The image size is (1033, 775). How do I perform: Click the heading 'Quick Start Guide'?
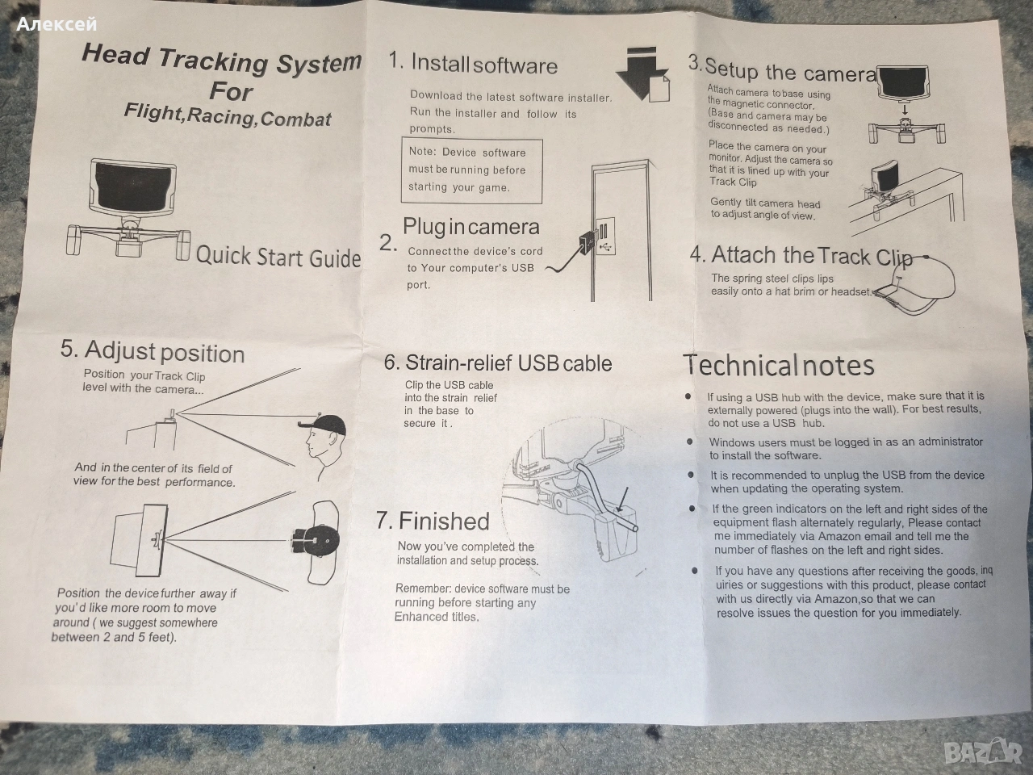[278, 257]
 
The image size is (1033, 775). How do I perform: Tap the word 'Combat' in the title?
[295, 119]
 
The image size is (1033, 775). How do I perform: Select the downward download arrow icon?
[642, 73]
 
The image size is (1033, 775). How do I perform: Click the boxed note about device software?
[471, 171]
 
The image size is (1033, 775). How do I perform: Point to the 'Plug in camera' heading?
[471, 228]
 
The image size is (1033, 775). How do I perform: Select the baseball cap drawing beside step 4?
[916, 286]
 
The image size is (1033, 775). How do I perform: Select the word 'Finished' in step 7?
[444, 522]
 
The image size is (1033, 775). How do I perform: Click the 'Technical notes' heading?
[779, 366]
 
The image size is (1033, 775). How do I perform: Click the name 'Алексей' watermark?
[56, 24]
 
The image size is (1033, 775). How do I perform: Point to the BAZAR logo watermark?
[982, 751]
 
